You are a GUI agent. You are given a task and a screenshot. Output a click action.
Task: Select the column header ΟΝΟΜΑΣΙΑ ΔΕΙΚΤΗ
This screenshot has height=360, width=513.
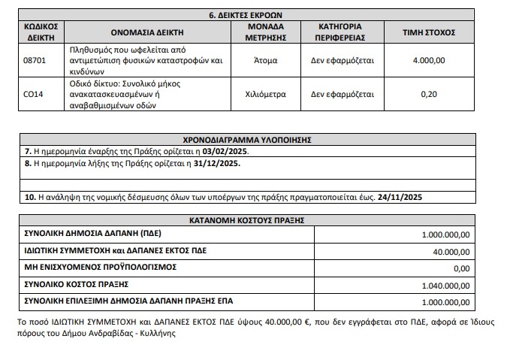(x=136, y=32)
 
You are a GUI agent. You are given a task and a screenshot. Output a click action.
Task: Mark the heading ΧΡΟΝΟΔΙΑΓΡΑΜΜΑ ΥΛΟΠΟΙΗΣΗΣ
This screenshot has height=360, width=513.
(x=248, y=140)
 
